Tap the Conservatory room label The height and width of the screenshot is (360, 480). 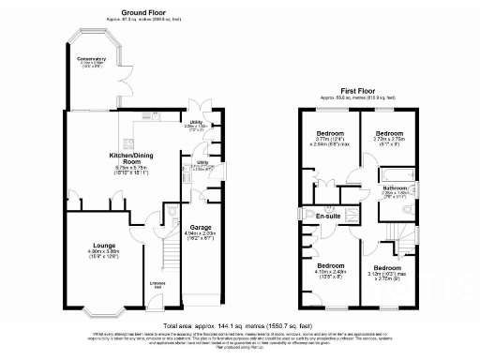[x=92, y=59]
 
